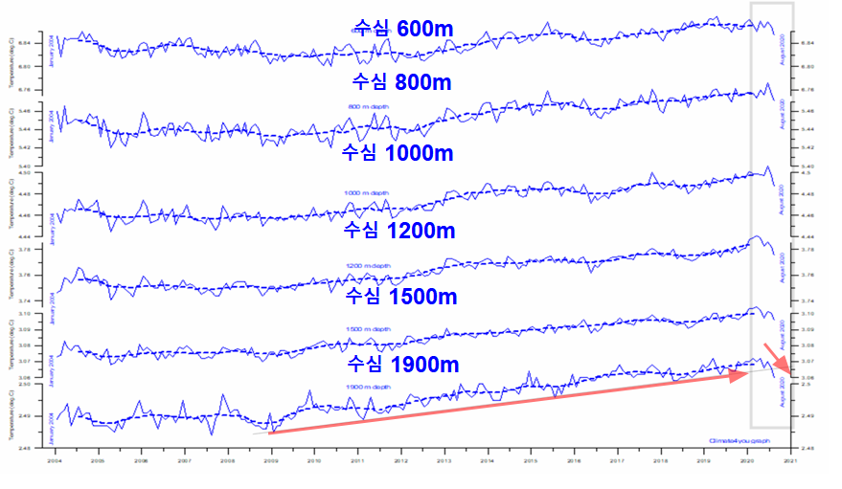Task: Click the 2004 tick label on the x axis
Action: pyautogui.click(x=56, y=460)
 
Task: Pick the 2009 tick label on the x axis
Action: pyautogui.click(x=272, y=460)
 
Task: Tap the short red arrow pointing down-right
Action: pyautogui.click(x=777, y=358)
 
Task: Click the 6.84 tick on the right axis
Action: pyautogui.click(x=807, y=43)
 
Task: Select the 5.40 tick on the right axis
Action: pyautogui.click(x=807, y=167)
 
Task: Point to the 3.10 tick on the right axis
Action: pyautogui.click(x=807, y=314)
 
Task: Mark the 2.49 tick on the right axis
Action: pyautogui.click(x=807, y=415)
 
